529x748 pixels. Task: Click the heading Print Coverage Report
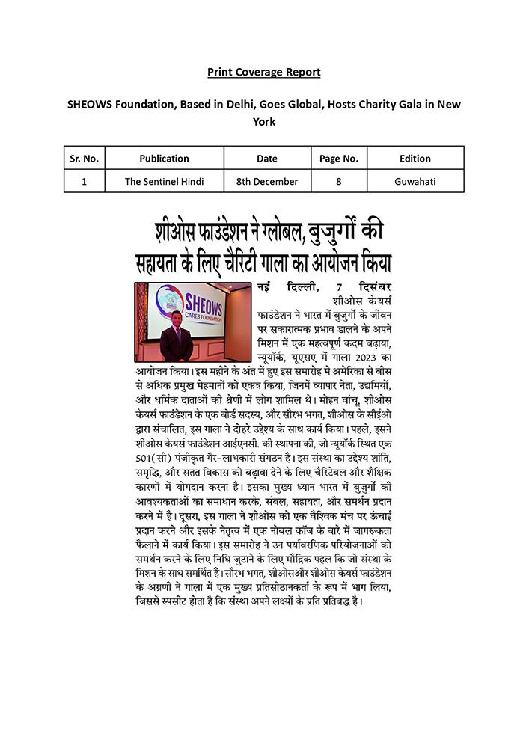point(264,72)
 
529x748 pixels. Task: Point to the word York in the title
point(264,121)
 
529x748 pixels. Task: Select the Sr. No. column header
point(84,159)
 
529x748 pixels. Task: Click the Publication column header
point(164,159)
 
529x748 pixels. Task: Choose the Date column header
point(267,159)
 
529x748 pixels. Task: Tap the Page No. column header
point(339,159)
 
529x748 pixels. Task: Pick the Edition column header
point(415,159)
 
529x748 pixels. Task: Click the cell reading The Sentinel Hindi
point(164,181)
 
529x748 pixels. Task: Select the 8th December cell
point(267,181)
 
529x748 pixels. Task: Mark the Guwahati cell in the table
point(415,181)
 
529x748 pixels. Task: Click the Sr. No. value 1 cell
point(84,181)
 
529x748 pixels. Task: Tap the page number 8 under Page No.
point(339,181)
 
